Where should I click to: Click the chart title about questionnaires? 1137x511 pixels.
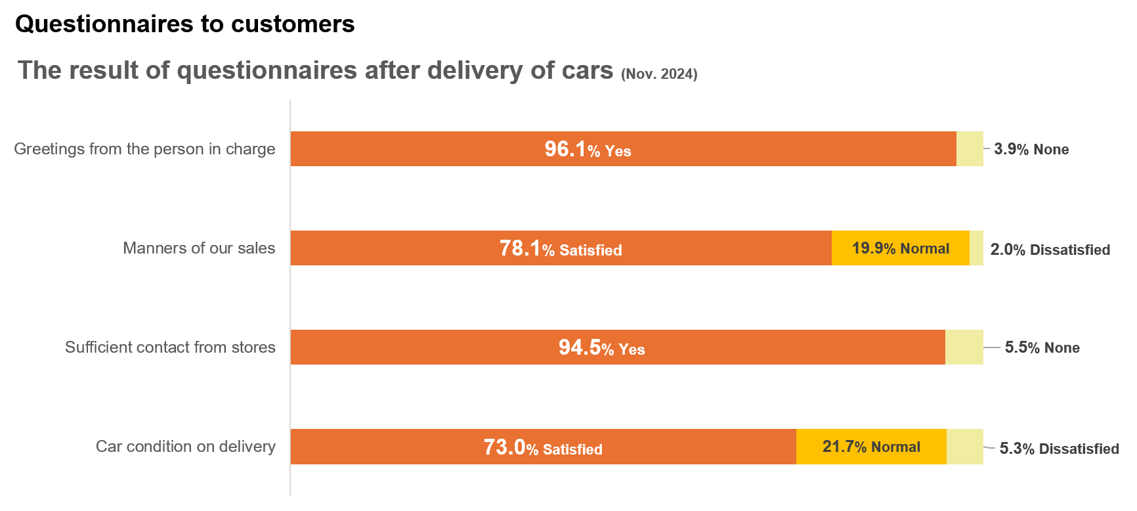coord(315,70)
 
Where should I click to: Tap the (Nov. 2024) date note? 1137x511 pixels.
coord(659,74)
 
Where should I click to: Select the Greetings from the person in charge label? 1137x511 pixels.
coord(144,149)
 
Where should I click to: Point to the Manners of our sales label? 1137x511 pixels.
coord(199,248)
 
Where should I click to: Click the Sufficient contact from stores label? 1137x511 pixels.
coord(170,347)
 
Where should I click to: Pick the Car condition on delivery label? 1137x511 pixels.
coord(186,447)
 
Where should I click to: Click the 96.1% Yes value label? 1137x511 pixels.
coord(588,149)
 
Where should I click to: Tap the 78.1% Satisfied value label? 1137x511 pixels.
coord(561,248)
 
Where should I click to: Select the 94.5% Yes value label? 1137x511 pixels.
coord(601,347)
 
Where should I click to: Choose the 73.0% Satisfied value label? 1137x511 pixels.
coord(543,447)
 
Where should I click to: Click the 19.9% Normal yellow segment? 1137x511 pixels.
coord(901,248)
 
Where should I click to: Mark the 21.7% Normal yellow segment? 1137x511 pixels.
coord(871,447)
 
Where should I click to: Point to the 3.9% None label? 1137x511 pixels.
coord(1031,149)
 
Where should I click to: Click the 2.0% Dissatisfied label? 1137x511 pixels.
coord(1050,250)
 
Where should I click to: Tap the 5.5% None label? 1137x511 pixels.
coord(1042,347)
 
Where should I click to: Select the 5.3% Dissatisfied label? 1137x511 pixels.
coord(1059,449)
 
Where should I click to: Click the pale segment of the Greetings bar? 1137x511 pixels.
coord(970,149)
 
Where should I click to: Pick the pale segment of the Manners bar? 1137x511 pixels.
coord(976,248)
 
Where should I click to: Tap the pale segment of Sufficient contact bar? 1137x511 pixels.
coord(964,347)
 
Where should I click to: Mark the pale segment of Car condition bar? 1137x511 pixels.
coord(964,447)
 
